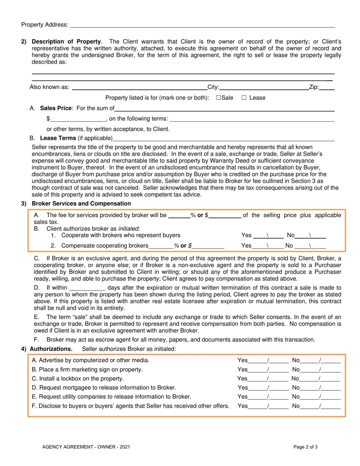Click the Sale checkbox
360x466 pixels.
[218, 98]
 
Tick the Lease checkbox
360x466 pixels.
[244, 98]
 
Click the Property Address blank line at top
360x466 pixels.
[202, 25]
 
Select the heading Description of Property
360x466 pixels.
[66, 42]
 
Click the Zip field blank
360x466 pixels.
[327, 88]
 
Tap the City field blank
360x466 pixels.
[264, 88]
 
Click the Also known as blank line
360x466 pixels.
[139, 88]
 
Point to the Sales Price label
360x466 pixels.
[56, 108]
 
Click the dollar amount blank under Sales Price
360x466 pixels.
[78, 119]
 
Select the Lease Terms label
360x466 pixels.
[58, 138]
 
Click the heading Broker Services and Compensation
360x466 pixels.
[81, 204]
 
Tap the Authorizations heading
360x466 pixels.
[51, 349]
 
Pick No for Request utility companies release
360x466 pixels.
[316, 397]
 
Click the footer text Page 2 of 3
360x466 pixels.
[305, 447]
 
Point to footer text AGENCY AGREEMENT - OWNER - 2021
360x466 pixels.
[86, 447]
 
